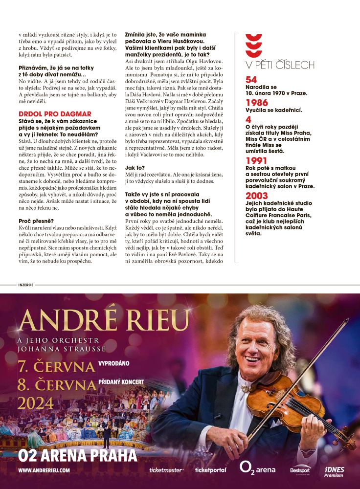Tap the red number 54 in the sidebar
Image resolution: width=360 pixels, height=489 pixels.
(x=251, y=80)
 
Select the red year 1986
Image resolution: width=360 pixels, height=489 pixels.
(x=257, y=103)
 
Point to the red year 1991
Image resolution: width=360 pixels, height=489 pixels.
(x=256, y=161)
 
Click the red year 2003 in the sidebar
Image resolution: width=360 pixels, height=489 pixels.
(x=257, y=196)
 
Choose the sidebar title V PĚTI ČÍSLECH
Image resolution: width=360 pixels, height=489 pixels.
(x=280, y=65)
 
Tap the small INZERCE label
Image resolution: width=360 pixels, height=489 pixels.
(x=25, y=285)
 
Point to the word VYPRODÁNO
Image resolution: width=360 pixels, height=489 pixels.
(x=114, y=364)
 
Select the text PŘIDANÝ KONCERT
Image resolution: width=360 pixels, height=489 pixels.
(x=121, y=381)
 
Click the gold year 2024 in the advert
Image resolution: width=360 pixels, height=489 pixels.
(x=36, y=403)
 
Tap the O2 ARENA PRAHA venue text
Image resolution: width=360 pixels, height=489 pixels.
(x=77, y=456)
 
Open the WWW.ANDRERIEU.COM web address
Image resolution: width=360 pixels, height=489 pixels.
(x=44, y=470)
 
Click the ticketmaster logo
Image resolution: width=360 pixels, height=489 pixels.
(x=166, y=470)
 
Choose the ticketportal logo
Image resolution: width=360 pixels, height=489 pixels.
(x=210, y=470)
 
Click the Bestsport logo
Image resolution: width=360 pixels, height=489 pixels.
(x=300, y=470)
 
